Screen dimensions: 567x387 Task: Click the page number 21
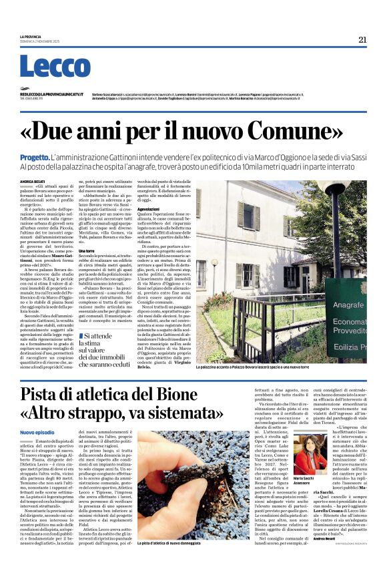pos(362,39)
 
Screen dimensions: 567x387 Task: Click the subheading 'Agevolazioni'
pos(148,208)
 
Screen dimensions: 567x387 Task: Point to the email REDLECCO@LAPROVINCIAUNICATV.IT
pos(51,94)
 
